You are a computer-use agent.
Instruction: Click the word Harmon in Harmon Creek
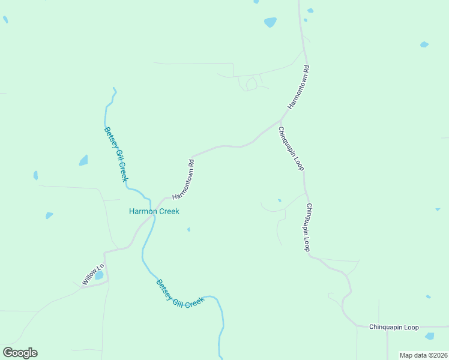pos(143,211)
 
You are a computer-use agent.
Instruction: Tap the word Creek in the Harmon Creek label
pos(168,211)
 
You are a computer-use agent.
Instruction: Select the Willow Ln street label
pos(93,274)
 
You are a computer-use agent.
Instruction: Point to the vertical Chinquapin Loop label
pos(307,227)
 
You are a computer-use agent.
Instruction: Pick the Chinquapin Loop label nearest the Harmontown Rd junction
pos(291,148)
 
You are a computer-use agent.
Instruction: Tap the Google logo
pos(20,353)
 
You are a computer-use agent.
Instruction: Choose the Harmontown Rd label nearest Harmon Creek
pos(184,179)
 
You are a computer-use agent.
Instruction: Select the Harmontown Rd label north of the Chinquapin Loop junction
pos(298,87)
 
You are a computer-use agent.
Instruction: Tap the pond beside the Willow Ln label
pos(99,275)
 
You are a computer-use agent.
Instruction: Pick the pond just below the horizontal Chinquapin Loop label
pos(429,336)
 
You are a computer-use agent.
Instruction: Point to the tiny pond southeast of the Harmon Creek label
pos(188,229)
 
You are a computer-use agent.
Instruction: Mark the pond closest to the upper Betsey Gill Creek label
pos(83,160)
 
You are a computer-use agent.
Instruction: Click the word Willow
pos(89,278)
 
